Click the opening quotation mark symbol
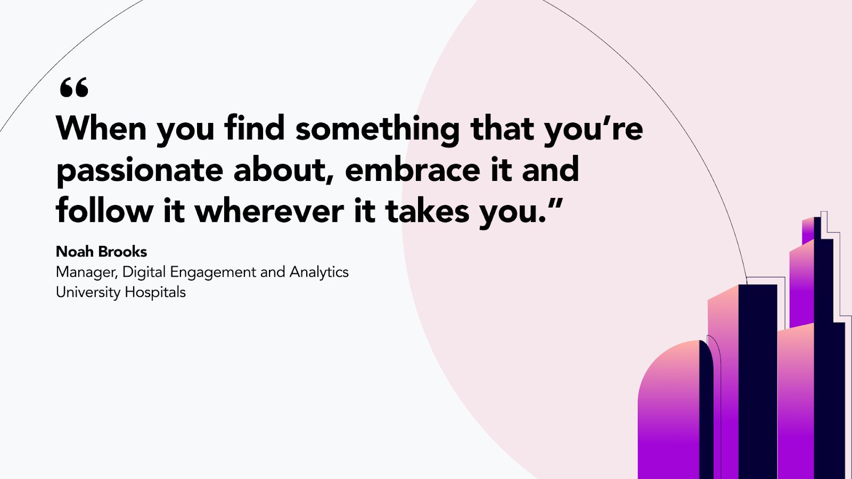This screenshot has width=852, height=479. (x=74, y=87)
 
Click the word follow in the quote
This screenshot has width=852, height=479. (x=104, y=210)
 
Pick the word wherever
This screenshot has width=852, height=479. (x=269, y=210)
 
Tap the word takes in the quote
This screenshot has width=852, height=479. (x=428, y=210)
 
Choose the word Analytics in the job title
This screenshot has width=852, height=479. (x=319, y=272)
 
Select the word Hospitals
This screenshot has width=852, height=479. (x=155, y=293)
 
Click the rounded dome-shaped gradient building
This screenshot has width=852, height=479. (x=669, y=410)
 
